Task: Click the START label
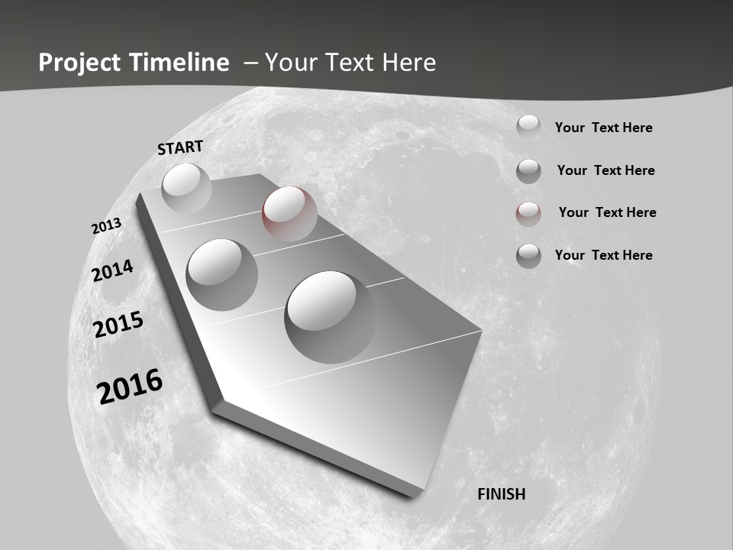coord(180,147)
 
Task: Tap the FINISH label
coord(502,494)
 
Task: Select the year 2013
coord(106,226)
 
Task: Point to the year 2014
coord(112,270)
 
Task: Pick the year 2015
coord(118,325)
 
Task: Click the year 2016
coord(130,386)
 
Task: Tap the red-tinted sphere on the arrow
coord(289,213)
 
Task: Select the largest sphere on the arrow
coord(331,315)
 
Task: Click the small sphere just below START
coord(186,187)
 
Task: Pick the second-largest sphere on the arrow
coord(222,274)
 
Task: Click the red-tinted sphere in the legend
coord(528,213)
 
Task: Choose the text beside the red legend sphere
coord(607,212)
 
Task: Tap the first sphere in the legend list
coord(528,126)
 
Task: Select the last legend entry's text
coord(603,255)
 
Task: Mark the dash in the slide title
coord(250,63)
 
